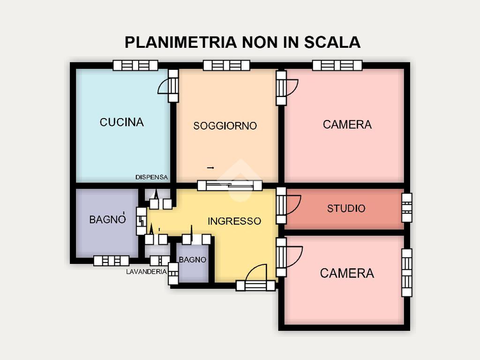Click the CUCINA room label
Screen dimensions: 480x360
pos(121,122)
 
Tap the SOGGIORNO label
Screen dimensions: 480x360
pos(225,126)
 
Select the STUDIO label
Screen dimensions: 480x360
pos(346,209)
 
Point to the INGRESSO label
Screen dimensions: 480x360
pos(234,221)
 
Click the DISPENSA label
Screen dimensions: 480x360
pos(151,177)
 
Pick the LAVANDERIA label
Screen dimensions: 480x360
pos(146,271)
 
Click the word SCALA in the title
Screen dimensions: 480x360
pos(332,42)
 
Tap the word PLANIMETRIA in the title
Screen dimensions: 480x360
pos(181,42)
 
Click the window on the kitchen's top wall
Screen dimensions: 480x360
pos(135,66)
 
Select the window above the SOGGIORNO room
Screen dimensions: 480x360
pos(226,66)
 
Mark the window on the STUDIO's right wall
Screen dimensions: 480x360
pos(407,208)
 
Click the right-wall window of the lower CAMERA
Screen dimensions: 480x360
pos(407,273)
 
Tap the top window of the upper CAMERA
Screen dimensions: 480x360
pos(337,66)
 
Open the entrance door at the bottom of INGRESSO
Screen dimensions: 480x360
pos(255,285)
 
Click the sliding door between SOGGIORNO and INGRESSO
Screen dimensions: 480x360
pos(230,186)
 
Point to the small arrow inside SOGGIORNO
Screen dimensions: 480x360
pos(210,168)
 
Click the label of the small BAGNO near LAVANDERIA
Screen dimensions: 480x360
pos(193,260)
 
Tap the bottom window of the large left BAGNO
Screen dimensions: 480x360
pos(111,261)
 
